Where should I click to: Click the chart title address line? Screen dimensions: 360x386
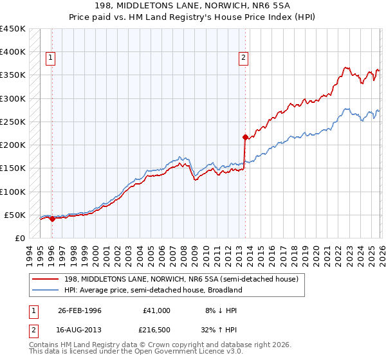click(193, 6)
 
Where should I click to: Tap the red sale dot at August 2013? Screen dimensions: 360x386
click(245, 137)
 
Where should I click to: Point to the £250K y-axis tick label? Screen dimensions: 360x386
click(13, 122)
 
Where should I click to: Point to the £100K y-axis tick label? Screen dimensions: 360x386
click(13, 192)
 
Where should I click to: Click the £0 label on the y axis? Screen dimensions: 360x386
click(19, 238)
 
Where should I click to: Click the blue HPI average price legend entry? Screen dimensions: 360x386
click(152, 290)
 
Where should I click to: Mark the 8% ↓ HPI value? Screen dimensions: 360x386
click(221, 310)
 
